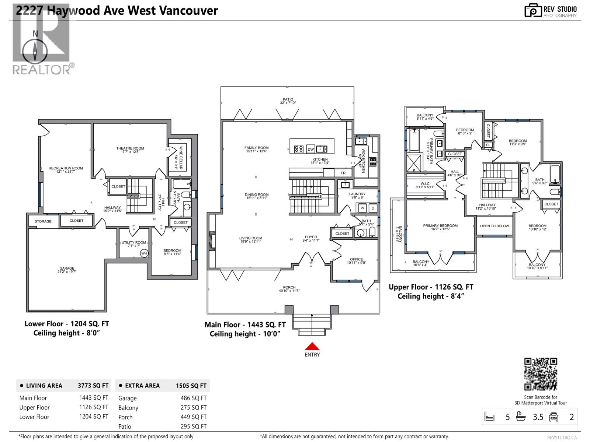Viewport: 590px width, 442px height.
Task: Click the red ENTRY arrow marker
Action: pyautogui.click(x=312, y=347)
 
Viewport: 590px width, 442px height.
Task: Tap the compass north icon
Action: pyautogui.click(x=35, y=50)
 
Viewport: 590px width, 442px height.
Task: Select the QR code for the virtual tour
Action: pyautogui.click(x=541, y=374)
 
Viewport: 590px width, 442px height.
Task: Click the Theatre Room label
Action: pyautogui.click(x=130, y=150)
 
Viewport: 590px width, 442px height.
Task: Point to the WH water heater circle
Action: pyautogui.click(x=144, y=253)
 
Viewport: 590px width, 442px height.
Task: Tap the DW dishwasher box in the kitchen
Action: pyautogui.click(x=311, y=149)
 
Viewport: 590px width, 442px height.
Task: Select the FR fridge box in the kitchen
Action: pyautogui.click(x=343, y=173)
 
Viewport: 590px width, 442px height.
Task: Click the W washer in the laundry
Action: pyautogui.click(x=362, y=208)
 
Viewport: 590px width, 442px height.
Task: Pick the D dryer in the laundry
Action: pyautogui.click(x=373, y=208)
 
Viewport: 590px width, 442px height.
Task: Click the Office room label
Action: pyautogui.click(x=356, y=261)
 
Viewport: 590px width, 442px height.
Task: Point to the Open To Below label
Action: pyautogui.click(x=494, y=226)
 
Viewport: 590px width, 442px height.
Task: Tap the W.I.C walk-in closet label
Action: pyautogui.click(x=425, y=185)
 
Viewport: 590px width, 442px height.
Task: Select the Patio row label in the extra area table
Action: pyautogui.click(x=125, y=427)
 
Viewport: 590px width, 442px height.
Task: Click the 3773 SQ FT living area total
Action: pyautogui.click(x=93, y=386)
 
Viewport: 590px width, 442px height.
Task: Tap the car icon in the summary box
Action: pyautogui.click(x=553, y=417)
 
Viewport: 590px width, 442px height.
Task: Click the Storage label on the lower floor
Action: pyautogui.click(x=43, y=221)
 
